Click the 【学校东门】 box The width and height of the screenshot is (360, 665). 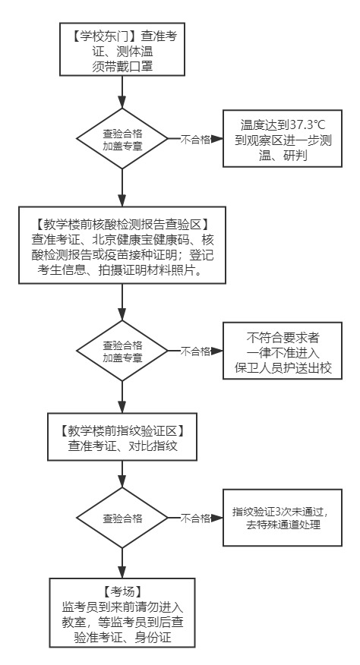tap(122, 50)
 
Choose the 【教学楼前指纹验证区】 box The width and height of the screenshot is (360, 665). tap(122, 437)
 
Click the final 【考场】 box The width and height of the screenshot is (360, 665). tap(122, 612)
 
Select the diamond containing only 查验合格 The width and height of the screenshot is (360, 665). tap(122, 519)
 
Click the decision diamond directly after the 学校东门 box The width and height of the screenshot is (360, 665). tap(122, 139)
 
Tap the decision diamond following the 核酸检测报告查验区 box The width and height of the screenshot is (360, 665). tap(122, 351)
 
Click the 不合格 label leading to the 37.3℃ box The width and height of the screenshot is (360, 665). tap(196, 139)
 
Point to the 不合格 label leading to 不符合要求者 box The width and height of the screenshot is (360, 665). tap(196, 351)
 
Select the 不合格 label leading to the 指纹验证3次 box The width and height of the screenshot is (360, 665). tap(196, 519)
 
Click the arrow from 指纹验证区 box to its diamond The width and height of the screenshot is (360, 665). tap(122, 474)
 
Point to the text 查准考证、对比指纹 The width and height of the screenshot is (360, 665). tap(122, 446)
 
